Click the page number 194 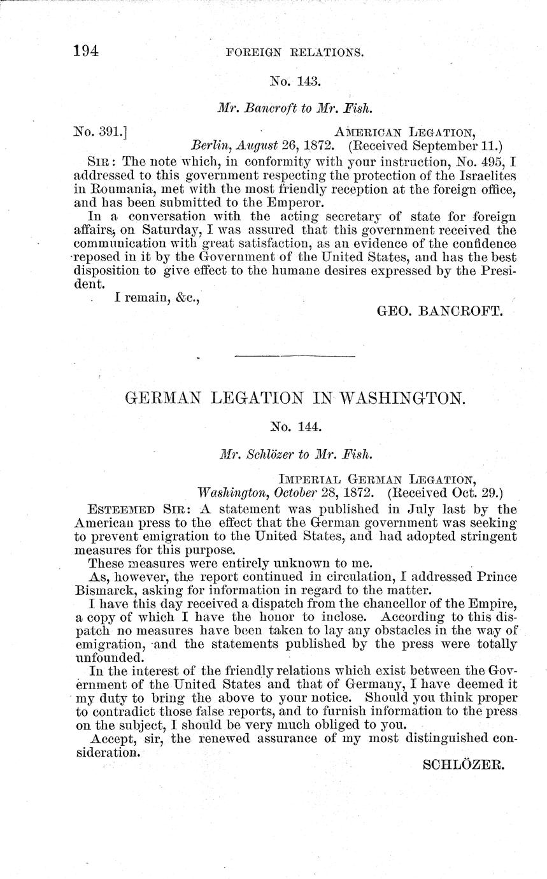pos(86,52)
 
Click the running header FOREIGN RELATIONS pos(295,53)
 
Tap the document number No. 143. pos(295,81)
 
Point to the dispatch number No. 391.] pos(101,132)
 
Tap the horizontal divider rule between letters pos(295,355)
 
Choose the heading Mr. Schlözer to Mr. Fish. pos(295,455)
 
